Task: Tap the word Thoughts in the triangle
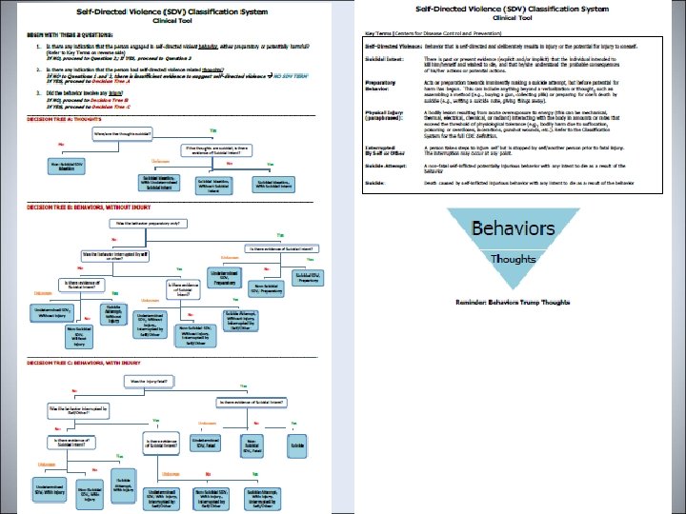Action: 513,258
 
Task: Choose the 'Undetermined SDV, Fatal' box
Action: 211,444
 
